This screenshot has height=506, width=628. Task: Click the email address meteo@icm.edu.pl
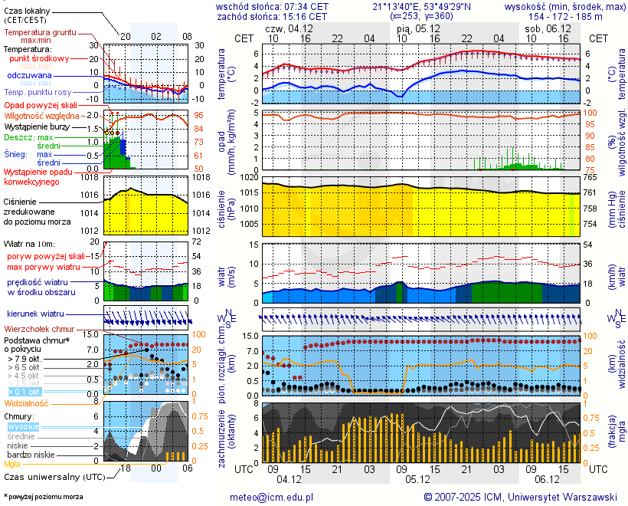point(272,498)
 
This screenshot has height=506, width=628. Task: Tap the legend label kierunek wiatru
point(35,314)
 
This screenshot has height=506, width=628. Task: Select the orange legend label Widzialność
point(27,402)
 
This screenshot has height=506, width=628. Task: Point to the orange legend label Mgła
point(12,464)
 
